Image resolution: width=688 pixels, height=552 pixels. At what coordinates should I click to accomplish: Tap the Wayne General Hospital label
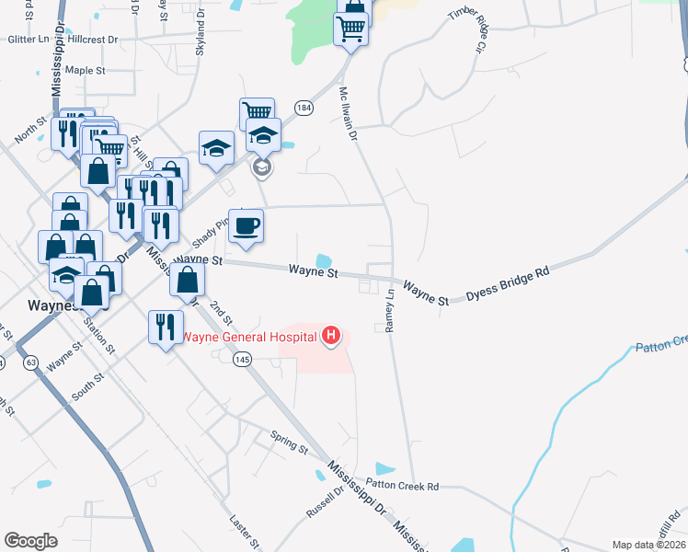(248, 337)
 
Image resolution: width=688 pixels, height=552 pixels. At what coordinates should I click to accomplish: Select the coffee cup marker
(246, 226)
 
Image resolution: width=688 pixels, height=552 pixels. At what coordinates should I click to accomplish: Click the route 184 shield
(304, 109)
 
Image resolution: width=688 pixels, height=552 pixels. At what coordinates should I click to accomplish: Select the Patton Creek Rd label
(402, 485)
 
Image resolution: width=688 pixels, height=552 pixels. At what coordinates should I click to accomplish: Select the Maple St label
(86, 70)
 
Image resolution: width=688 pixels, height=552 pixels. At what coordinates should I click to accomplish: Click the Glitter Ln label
(29, 40)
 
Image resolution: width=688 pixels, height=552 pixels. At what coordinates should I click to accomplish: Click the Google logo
(30, 541)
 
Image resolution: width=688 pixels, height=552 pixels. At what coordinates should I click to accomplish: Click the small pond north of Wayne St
(324, 261)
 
